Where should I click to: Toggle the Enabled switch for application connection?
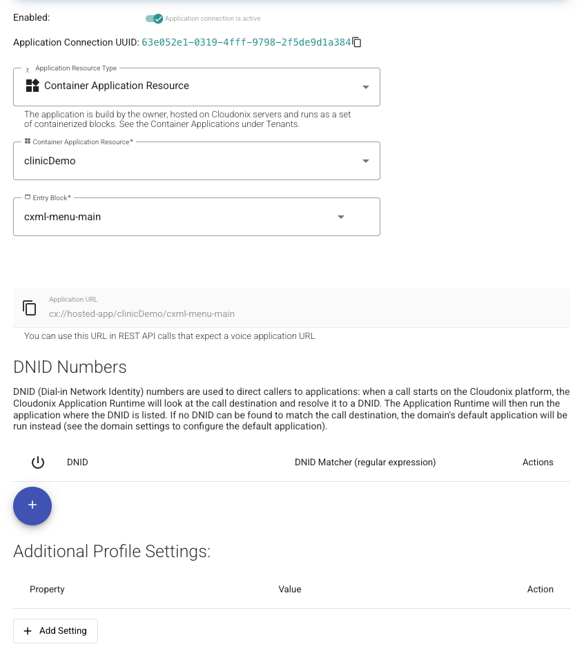point(154,19)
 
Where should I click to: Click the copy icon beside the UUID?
point(357,43)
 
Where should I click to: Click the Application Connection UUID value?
point(246,43)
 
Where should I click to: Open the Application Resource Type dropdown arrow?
point(366,87)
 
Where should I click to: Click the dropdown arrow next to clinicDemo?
point(366,161)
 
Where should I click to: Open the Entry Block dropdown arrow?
point(340,217)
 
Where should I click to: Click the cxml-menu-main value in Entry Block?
point(63,217)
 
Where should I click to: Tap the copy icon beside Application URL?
point(29,308)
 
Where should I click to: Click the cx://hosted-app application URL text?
point(142,313)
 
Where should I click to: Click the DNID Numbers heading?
point(70,367)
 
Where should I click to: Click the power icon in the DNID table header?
point(38,463)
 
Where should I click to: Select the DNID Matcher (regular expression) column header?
point(365,463)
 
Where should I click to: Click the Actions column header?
point(538,463)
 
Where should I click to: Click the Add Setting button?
point(55,631)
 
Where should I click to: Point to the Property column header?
point(47,590)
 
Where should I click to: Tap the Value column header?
point(290,590)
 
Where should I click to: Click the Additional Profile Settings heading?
point(112,552)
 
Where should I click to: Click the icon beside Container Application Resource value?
point(32,86)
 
